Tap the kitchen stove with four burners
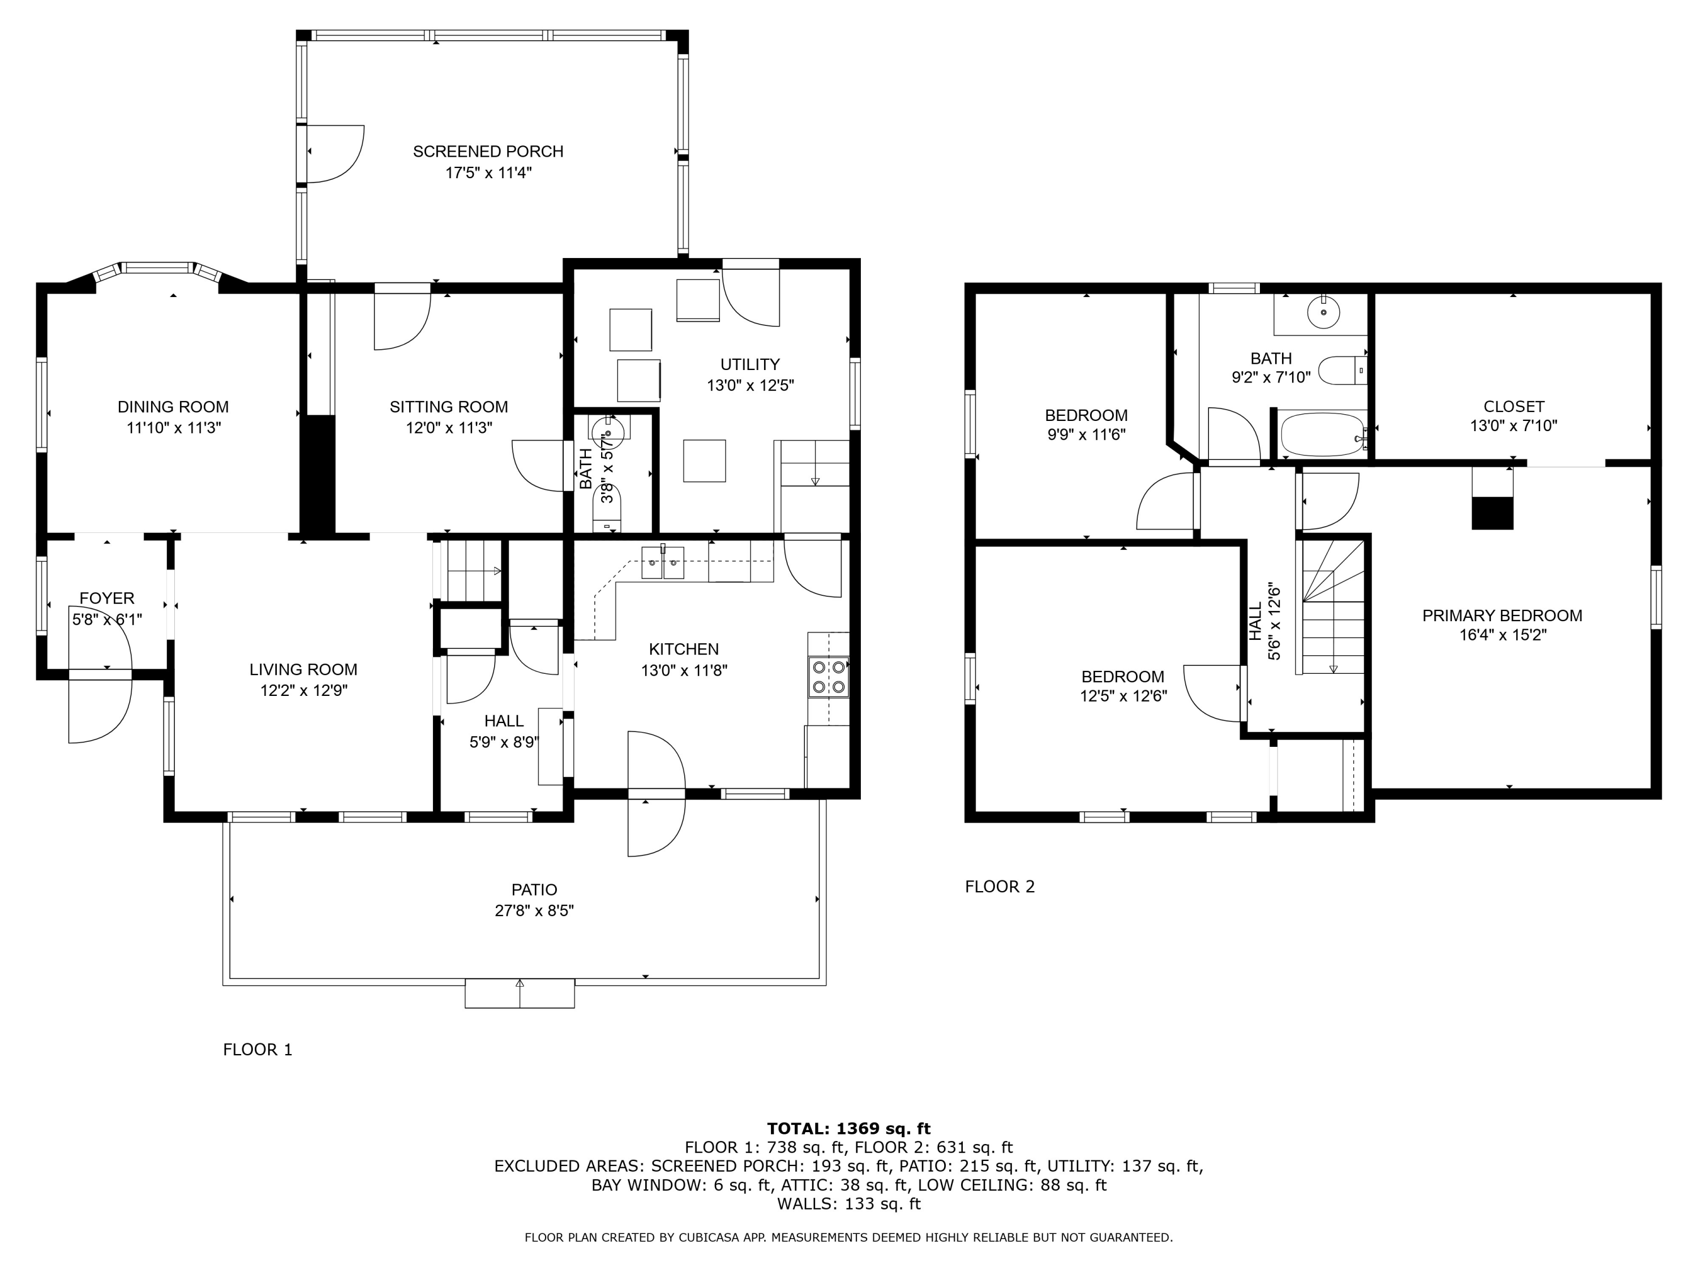[x=828, y=677]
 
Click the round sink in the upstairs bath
[x=1323, y=312]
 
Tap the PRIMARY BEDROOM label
[x=1502, y=616]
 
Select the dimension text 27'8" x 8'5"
[x=534, y=911]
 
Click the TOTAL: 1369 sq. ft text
[x=848, y=1128]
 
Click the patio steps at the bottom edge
[x=520, y=993]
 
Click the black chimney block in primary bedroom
[x=1493, y=513]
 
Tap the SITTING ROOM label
[x=448, y=407]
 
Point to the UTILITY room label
[x=750, y=364]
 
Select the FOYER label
[x=107, y=599]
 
